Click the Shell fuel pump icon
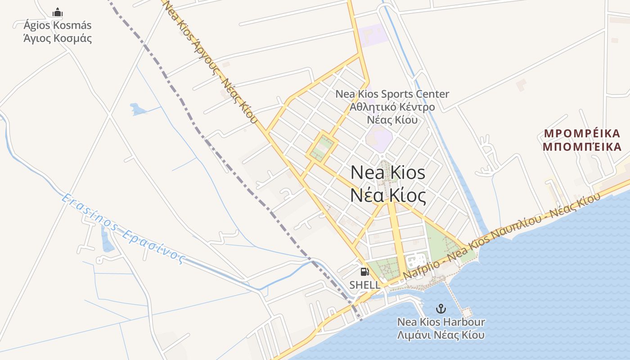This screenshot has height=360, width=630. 364,272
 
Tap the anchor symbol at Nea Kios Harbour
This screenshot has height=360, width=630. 441,309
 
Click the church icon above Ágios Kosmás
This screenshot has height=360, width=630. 58,12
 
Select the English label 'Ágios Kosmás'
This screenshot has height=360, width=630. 58,25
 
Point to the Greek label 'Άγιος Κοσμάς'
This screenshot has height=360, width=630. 58,38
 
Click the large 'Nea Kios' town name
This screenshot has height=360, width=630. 388,172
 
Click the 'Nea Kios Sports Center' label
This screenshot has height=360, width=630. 392,94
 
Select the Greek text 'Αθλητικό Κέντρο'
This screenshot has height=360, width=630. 392,107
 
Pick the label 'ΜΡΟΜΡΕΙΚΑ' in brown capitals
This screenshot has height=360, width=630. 582,134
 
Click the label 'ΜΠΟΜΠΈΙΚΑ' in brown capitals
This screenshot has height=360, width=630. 582,147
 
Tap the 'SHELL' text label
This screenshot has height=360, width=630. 364,285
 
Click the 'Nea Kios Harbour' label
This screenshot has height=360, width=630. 441,322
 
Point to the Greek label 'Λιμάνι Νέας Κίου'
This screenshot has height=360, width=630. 441,335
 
